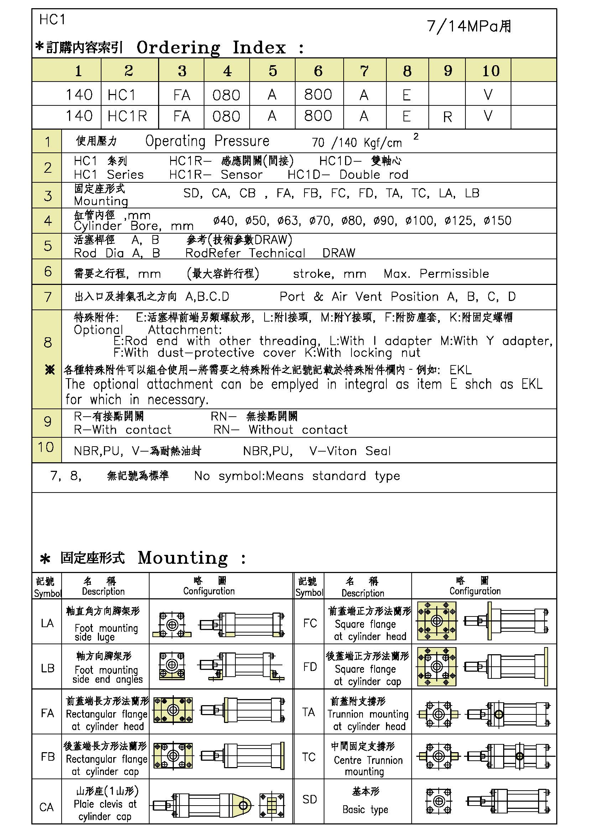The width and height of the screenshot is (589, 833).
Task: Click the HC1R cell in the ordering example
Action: (x=127, y=116)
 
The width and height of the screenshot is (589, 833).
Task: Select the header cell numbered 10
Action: (x=491, y=71)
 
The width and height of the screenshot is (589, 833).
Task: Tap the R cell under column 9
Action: (x=447, y=117)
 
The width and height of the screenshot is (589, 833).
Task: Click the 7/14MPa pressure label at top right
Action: (x=469, y=26)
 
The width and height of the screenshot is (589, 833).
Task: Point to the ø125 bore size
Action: (x=460, y=220)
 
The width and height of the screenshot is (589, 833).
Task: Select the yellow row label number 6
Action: (x=47, y=271)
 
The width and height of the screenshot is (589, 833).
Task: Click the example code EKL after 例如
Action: (x=460, y=370)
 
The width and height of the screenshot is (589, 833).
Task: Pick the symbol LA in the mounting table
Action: (x=47, y=623)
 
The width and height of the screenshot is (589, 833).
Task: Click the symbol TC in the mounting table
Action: (x=309, y=757)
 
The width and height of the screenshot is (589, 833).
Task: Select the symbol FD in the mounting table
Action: (x=310, y=667)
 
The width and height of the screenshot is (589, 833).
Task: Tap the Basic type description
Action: (x=365, y=809)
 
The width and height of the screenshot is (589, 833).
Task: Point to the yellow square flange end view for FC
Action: (x=437, y=621)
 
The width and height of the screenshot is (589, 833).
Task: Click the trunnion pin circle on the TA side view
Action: (x=499, y=714)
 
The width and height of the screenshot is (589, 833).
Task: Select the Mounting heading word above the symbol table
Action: (x=183, y=558)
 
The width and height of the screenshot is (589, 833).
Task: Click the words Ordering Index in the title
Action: (x=211, y=47)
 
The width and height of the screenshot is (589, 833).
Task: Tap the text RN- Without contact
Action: (x=280, y=429)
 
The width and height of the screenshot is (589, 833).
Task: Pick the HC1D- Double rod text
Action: (x=348, y=175)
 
